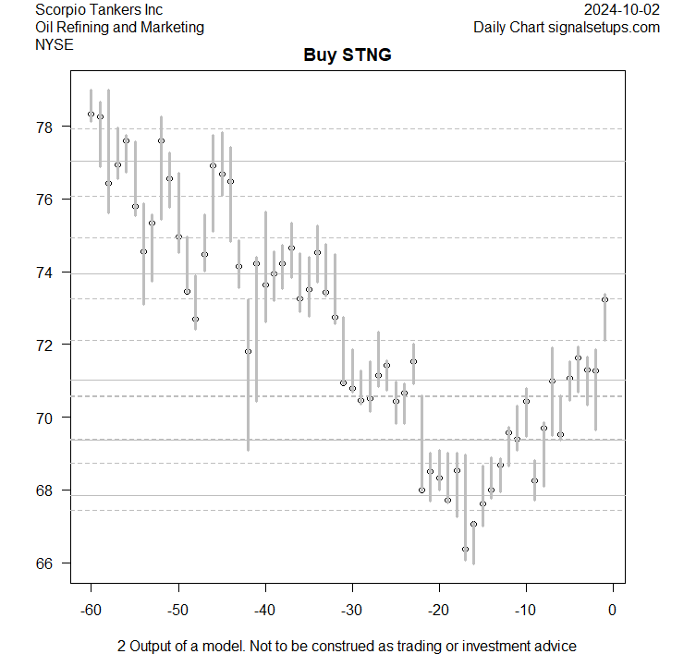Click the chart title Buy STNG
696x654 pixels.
point(348,55)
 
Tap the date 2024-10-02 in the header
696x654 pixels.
point(622,9)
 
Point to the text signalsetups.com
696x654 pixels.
point(605,27)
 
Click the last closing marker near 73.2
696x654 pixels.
point(604,299)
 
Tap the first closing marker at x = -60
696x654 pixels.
point(91,115)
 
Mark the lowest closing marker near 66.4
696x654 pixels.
point(465,549)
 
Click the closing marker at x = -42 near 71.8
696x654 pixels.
point(248,351)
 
